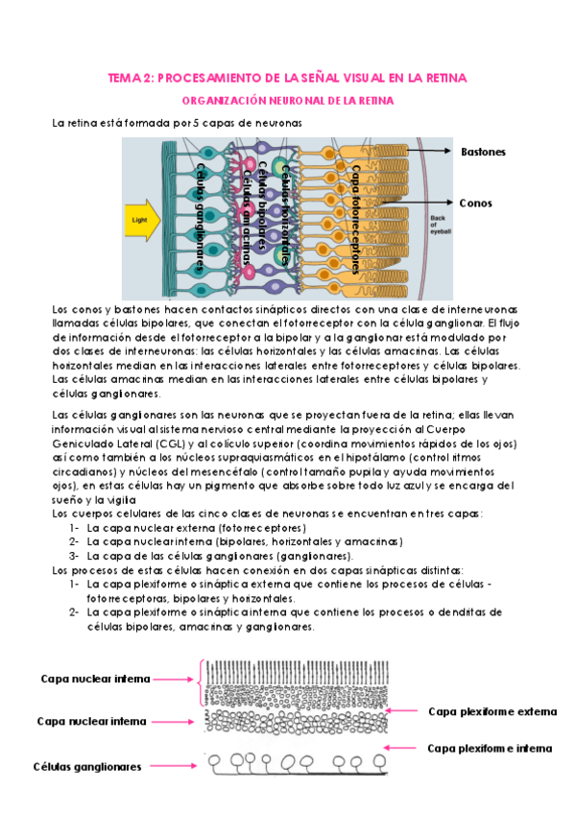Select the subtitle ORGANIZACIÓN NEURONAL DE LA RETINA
pyautogui.click(x=288, y=101)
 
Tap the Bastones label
pyautogui.click(x=483, y=152)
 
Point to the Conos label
pyautogui.click(x=475, y=203)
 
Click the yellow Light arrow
pyautogui.click(x=142, y=220)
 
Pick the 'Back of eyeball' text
pyautogui.click(x=440, y=225)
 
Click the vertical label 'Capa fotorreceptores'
pyautogui.click(x=355, y=219)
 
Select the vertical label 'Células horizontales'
pyautogui.click(x=285, y=215)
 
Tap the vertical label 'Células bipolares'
pyautogui.click(x=263, y=205)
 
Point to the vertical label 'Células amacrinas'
pyautogui.click(x=248, y=218)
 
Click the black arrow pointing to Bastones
pyautogui.click(x=429, y=151)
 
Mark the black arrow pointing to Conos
pyautogui.click(x=417, y=203)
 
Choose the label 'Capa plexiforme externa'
pyautogui.click(x=492, y=711)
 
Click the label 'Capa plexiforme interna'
pyautogui.click(x=490, y=749)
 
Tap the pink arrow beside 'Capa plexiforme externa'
pyautogui.click(x=400, y=710)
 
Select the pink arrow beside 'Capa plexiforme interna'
pyautogui.click(x=399, y=748)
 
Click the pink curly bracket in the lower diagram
pyautogui.click(x=200, y=683)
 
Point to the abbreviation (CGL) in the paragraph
pyautogui.click(x=170, y=443)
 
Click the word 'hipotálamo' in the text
pyautogui.click(x=376, y=458)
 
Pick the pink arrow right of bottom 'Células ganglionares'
pyautogui.click(x=174, y=766)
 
